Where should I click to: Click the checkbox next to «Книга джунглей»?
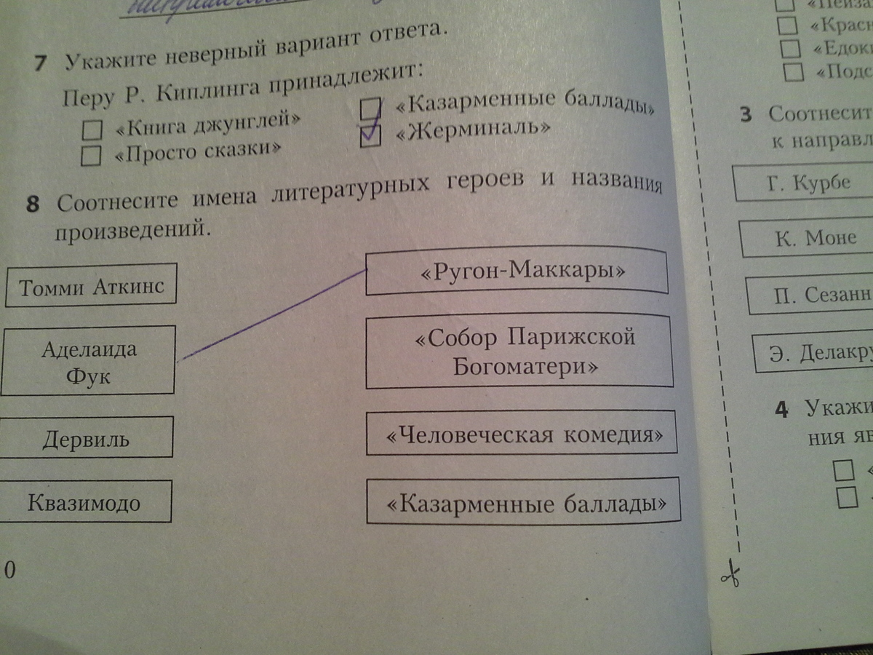pyautogui.click(x=92, y=130)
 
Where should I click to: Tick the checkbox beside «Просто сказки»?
pyautogui.click(x=91, y=156)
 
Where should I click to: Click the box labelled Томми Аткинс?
pyautogui.click(x=91, y=286)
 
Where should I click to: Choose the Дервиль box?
pyautogui.click(x=87, y=439)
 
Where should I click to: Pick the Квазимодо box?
pyautogui.click(x=85, y=502)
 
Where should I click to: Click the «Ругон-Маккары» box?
pyautogui.click(x=516, y=272)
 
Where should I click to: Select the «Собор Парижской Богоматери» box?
pyautogui.click(x=520, y=352)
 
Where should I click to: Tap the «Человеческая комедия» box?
pyautogui.click(x=521, y=435)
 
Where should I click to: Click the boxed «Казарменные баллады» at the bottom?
pyautogui.click(x=522, y=501)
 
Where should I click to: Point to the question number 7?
pyautogui.click(x=41, y=64)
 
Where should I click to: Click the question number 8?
pyautogui.click(x=32, y=205)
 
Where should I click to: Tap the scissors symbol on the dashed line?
pyautogui.click(x=729, y=576)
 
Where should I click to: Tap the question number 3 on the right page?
pyautogui.click(x=746, y=115)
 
